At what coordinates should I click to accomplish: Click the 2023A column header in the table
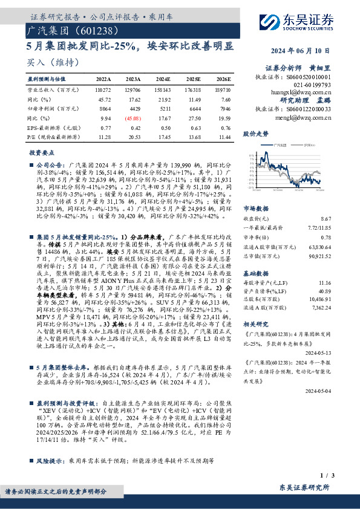tap(133, 79)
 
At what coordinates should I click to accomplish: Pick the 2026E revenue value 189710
tap(222, 89)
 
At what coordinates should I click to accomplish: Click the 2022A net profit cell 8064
tap(105, 109)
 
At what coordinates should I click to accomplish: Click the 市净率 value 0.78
tap(343, 237)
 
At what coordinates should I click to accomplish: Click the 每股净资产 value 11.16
tap(341, 282)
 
